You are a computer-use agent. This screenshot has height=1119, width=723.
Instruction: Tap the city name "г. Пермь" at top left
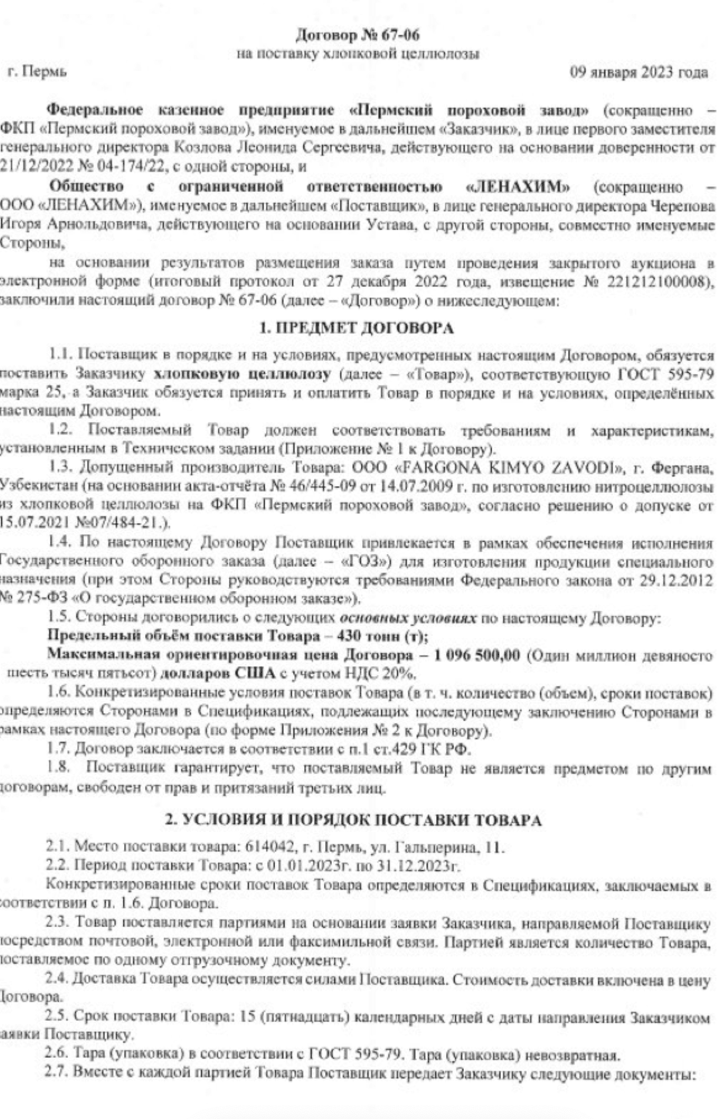tap(37, 72)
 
